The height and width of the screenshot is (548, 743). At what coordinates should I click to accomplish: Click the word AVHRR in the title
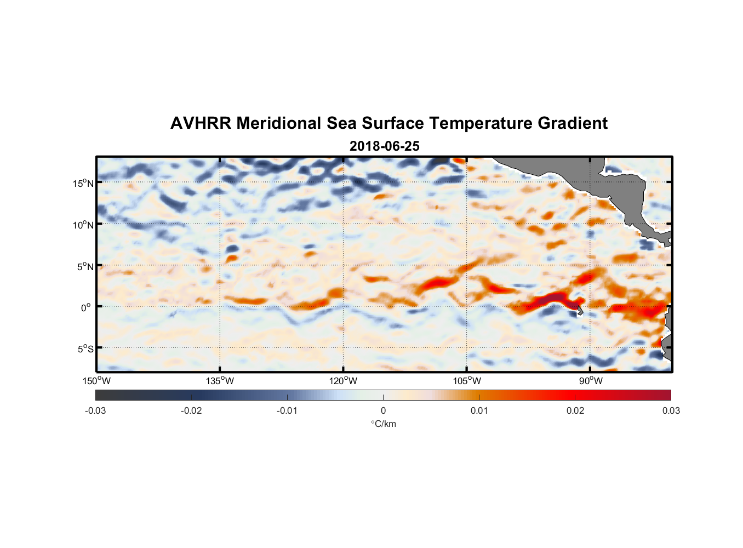point(200,123)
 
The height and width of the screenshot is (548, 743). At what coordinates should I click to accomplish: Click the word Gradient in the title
point(572,123)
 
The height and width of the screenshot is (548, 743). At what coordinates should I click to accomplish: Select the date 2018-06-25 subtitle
point(384,146)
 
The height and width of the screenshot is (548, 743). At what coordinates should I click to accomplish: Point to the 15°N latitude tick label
point(83,183)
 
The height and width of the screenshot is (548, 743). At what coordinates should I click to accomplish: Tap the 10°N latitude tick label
point(83,225)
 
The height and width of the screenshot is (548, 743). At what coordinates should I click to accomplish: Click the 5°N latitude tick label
point(85,266)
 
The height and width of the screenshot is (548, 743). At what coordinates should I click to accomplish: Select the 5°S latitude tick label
point(85,349)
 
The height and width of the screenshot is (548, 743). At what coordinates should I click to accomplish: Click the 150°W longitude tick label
point(96,381)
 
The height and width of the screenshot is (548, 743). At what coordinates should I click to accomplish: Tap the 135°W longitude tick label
point(220,381)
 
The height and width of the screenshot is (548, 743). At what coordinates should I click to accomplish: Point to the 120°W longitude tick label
point(343,381)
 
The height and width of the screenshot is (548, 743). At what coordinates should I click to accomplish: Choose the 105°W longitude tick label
point(467,381)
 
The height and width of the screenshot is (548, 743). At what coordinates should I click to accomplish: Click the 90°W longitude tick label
point(591,381)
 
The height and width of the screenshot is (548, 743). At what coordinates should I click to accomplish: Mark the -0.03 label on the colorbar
point(95,410)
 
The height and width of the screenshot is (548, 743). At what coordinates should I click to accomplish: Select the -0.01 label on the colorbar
point(287,410)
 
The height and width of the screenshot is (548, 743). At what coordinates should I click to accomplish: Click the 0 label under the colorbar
point(383,410)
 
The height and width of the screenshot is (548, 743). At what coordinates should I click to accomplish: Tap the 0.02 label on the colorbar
point(575,410)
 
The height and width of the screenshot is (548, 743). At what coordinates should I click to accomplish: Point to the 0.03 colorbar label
point(671,410)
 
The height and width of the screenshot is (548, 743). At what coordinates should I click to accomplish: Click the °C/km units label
point(383,424)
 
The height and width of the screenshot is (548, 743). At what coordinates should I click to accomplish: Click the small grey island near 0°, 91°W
point(579,311)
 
